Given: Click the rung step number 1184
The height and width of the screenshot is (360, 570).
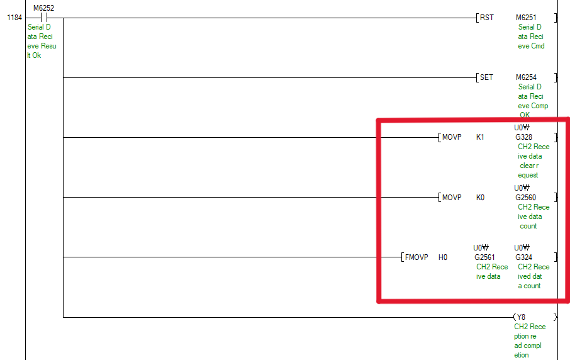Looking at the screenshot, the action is (x=14, y=18).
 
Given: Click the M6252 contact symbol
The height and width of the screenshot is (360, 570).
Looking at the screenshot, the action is (x=43, y=18).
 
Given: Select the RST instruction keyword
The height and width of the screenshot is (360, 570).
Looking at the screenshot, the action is (x=486, y=18).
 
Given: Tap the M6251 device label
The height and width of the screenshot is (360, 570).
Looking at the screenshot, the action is (x=526, y=18).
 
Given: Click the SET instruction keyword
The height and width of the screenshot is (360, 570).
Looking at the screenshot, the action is (x=486, y=77).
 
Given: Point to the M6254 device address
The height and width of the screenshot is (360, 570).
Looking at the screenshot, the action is (x=526, y=77).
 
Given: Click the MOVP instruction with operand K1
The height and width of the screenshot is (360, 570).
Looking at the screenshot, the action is (x=452, y=137).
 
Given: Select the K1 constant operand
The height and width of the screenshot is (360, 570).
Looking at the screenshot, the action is (x=481, y=137).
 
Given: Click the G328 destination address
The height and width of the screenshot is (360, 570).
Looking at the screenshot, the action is (x=523, y=137).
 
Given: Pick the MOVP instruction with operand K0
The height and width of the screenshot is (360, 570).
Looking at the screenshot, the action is (x=452, y=198).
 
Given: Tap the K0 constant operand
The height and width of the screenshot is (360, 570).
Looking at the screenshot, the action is (x=481, y=198).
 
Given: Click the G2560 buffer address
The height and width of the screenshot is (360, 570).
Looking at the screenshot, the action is (x=525, y=198).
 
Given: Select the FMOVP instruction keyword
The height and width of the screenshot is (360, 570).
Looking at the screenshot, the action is (x=416, y=257).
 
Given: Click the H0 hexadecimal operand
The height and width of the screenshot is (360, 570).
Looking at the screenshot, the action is (x=443, y=257).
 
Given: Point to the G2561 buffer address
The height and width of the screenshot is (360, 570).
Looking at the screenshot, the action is (x=485, y=257).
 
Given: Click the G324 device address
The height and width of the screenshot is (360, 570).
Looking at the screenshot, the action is (x=523, y=257).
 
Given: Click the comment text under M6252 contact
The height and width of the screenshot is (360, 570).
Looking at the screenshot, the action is (x=41, y=42).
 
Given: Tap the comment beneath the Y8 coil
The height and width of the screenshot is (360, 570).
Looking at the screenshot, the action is (x=530, y=340).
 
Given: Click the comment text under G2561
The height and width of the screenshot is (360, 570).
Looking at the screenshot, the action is (x=491, y=271).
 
